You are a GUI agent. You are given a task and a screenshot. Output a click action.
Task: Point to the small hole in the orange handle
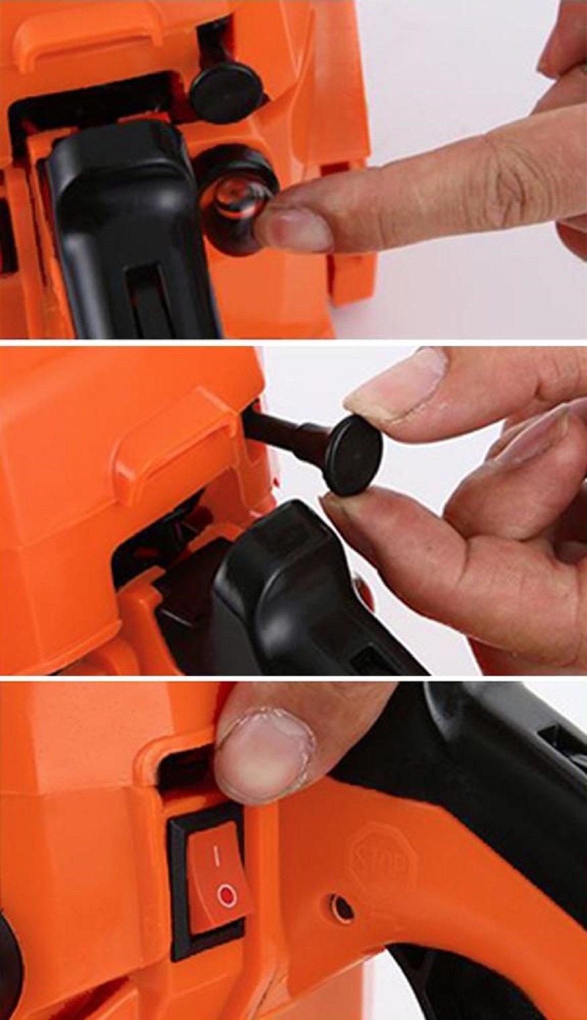tap(343, 909)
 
